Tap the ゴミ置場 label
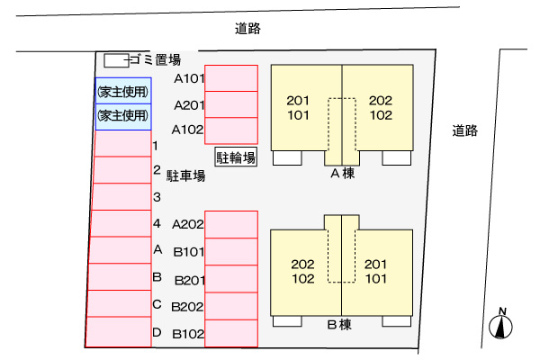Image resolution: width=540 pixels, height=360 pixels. pyautogui.click(x=155, y=60)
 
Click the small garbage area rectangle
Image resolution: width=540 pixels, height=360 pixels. pyautogui.click(x=115, y=60)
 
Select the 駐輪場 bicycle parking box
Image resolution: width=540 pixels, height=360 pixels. pyautogui.click(x=236, y=157)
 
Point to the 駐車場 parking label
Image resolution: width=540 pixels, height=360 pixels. pyautogui.click(x=185, y=175)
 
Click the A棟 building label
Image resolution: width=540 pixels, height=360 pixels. pyautogui.click(x=342, y=174)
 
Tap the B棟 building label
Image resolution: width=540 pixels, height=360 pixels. pyautogui.click(x=342, y=325)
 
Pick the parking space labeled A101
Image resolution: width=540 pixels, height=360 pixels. pyautogui.click(x=231, y=78)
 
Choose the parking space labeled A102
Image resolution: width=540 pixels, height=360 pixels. pyautogui.click(x=231, y=130)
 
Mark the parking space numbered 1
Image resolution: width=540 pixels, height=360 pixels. pyautogui.click(x=122, y=144)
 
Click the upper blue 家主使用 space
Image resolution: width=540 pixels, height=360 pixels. pyautogui.click(x=123, y=91)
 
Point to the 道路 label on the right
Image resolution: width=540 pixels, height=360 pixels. pyautogui.click(x=465, y=131)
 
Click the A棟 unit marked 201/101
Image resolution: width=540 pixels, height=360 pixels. pyautogui.click(x=299, y=107)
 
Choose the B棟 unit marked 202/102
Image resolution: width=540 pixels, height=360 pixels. pyautogui.click(x=302, y=271)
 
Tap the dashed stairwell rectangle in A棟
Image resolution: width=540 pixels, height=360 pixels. pyautogui.click(x=342, y=123)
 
